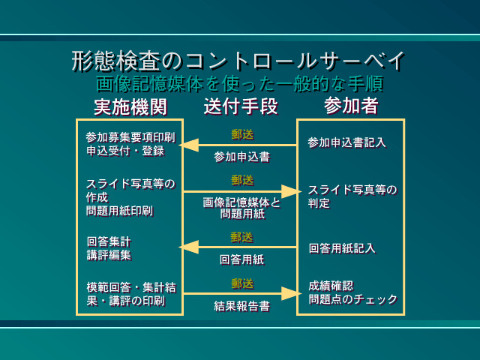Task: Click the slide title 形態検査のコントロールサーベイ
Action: (239, 60)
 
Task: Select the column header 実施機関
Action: (130, 106)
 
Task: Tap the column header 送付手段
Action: (241, 106)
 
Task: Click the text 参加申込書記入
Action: (346, 142)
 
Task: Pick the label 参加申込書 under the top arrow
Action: (241, 157)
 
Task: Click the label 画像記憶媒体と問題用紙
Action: (241, 208)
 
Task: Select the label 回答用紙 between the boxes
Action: (241, 259)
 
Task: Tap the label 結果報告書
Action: (241, 306)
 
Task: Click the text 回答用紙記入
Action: (342, 247)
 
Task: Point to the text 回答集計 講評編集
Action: (109, 248)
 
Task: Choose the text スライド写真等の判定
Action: (352, 196)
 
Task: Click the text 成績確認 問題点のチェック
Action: (352, 292)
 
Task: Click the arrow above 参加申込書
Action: (238, 145)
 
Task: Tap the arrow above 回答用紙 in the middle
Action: (238, 247)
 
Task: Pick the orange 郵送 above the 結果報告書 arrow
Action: (241, 283)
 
